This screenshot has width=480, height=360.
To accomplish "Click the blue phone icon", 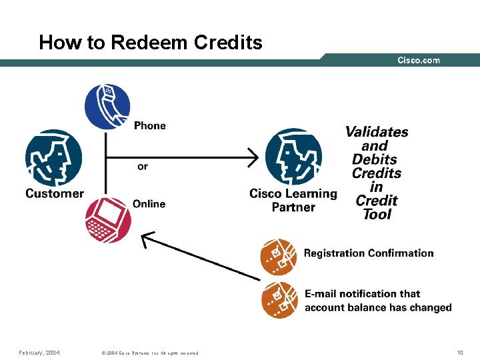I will (x=107, y=107).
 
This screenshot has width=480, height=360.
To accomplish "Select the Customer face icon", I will (x=54, y=158).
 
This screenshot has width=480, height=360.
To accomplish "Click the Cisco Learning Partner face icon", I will (x=293, y=157).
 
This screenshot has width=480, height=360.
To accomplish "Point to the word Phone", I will (x=150, y=125).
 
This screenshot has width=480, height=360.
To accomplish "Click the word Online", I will (x=149, y=204).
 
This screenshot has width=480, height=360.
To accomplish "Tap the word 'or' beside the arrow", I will (x=143, y=166).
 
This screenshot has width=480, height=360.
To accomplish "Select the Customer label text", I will (x=55, y=194).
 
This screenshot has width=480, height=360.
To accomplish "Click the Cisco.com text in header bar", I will (x=419, y=60).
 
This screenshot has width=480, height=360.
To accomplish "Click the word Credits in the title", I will (x=228, y=43).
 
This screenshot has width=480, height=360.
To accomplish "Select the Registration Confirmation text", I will (x=369, y=253).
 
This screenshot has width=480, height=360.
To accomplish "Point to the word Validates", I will (x=377, y=131).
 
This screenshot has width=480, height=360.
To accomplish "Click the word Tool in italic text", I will (x=377, y=214).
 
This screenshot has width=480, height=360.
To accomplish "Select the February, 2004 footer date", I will (x=39, y=353).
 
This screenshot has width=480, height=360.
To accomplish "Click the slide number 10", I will (x=459, y=353).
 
